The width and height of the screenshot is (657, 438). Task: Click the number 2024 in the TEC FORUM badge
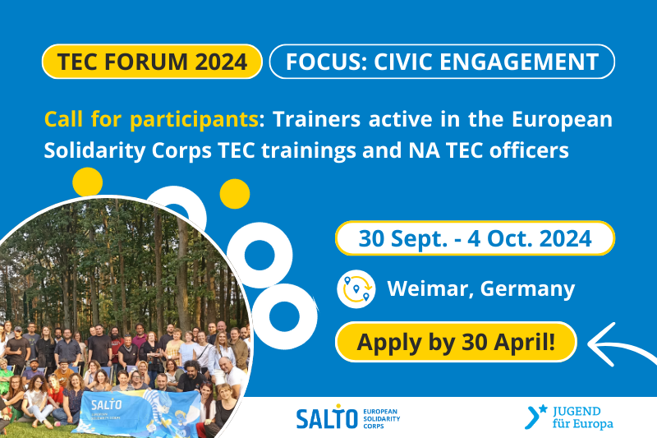(x=221, y=62)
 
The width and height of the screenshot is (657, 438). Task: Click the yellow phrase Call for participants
(x=151, y=120)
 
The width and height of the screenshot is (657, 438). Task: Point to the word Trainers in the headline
(x=317, y=119)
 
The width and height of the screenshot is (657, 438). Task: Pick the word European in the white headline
(x=562, y=120)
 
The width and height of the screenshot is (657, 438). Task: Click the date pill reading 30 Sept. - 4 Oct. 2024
(x=475, y=238)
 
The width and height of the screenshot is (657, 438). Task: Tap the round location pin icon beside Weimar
(x=356, y=288)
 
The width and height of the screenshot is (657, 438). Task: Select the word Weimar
(x=430, y=288)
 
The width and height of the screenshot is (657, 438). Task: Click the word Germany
(x=527, y=289)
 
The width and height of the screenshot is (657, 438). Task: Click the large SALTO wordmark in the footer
(x=327, y=418)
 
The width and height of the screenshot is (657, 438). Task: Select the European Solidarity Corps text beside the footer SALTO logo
(x=381, y=419)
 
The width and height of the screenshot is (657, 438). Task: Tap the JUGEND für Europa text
(x=582, y=417)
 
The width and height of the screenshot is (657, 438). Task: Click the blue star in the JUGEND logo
(x=543, y=408)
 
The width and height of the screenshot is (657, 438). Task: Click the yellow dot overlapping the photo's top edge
(x=88, y=182)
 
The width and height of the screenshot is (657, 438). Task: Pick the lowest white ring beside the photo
(x=284, y=316)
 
